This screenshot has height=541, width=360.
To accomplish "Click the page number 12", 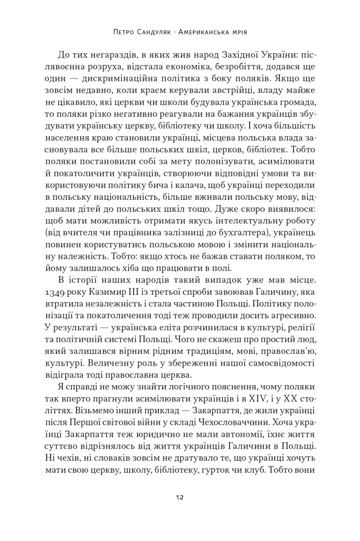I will click(x=180, y=497).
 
